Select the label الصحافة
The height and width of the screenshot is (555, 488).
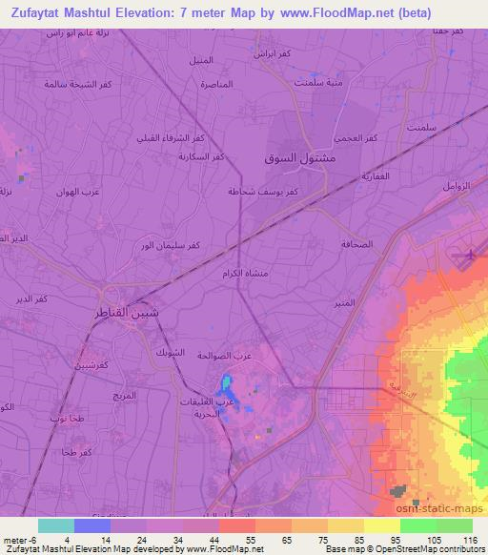tap(360, 243)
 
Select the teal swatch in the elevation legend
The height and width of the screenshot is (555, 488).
tap(56, 524)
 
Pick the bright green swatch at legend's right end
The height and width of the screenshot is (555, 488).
tap(454, 524)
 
